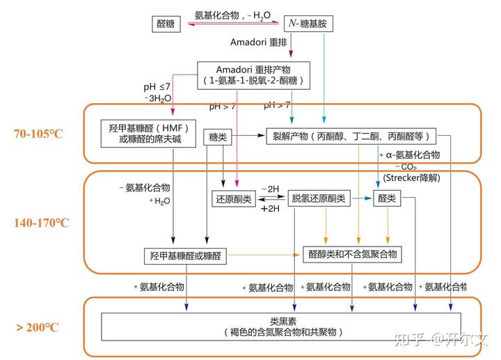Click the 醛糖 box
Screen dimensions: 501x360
click(166, 24)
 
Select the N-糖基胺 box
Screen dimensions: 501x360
click(308, 24)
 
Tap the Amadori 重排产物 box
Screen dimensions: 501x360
click(254, 75)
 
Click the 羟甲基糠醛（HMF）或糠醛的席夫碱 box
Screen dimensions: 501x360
click(148, 134)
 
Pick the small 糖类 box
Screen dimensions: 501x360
click(218, 137)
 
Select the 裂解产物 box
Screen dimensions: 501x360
click(351, 136)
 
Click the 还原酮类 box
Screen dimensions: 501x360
click(234, 199)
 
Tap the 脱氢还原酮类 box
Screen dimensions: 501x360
click(319, 198)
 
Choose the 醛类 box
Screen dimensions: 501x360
click(387, 198)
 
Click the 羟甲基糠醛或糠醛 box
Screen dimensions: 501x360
click(185, 256)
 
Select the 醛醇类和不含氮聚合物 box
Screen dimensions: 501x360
click(352, 254)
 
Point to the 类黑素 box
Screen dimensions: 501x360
click(281, 327)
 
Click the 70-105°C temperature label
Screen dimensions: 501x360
click(38, 134)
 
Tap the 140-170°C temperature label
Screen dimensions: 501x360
click(42, 223)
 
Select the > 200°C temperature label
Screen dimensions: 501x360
click(38, 327)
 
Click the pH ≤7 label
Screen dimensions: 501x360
click(157, 86)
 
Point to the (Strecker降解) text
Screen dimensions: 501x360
click(411, 178)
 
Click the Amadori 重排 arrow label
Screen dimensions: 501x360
click(259, 42)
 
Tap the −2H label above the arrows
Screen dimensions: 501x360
click(270, 189)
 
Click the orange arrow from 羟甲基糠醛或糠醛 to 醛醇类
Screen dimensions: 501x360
click(264, 255)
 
